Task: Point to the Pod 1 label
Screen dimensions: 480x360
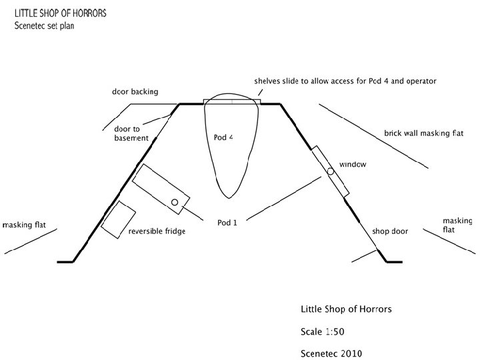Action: pyautogui.click(x=227, y=221)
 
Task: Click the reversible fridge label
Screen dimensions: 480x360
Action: pyautogui.click(x=157, y=231)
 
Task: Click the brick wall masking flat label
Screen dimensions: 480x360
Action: pyautogui.click(x=423, y=133)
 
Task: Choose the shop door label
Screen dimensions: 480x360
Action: pyautogui.click(x=391, y=231)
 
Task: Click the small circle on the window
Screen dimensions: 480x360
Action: pyautogui.click(x=330, y=171)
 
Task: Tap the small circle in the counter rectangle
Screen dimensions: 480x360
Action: pyautogui.click(x=175, y=202)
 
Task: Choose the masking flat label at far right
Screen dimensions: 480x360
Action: pyautogui.click(x=457, y=225)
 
